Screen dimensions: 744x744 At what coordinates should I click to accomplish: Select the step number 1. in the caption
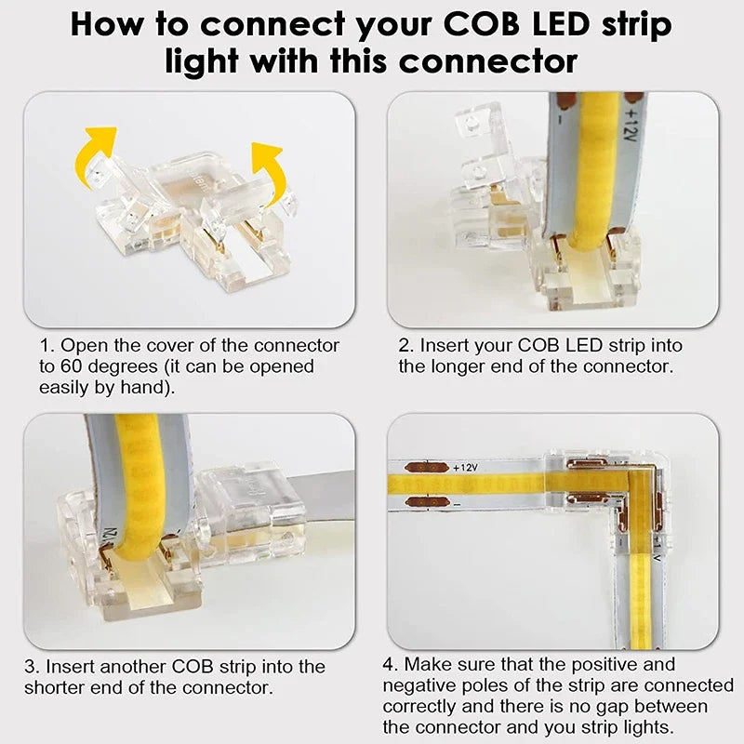tap(47, 346)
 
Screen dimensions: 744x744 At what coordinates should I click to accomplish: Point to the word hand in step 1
tap(139, 387)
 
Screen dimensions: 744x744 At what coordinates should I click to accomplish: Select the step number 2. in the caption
tap(406, 346)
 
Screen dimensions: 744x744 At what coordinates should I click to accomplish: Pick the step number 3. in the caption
tap(33, 667)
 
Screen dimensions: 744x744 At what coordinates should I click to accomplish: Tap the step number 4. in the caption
tap(391, 665)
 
